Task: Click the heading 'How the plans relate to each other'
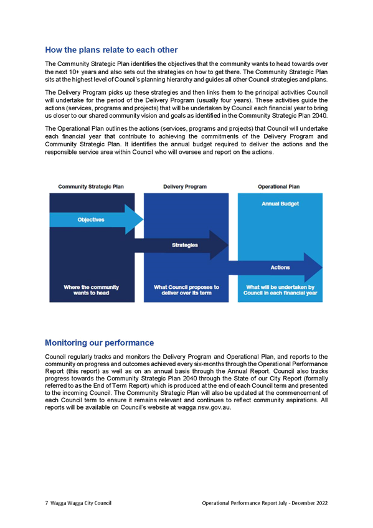(111, 50)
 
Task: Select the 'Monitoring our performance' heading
(99, 342)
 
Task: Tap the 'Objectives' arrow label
(91, 220)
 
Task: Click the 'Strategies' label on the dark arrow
(185, 245)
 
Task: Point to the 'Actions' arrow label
(280, 267)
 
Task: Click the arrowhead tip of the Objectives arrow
(143, 220)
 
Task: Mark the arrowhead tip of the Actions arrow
(322, 267)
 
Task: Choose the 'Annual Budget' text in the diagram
(280, 204)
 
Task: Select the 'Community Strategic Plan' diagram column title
(91, 187)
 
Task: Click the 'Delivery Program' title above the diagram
(185, 187)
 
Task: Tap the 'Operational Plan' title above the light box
(279, 187)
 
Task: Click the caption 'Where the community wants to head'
(92, 290)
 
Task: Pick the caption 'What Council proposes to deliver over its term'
(187, 290)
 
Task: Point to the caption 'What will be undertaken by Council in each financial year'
(280, 290)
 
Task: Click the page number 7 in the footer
(47, 503)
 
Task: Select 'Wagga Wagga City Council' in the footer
(81, 503)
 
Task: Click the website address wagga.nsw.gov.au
(204, 408)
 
